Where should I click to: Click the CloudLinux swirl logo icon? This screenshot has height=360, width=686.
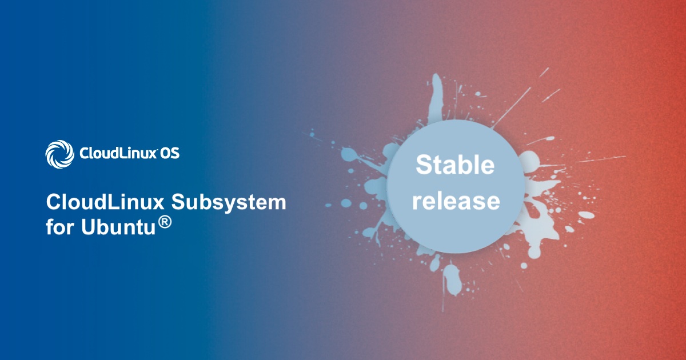tap(59, 154)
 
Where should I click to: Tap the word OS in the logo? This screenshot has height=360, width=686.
tap(170, 153)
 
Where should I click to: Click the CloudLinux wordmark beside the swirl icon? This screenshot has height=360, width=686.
tap(118, 153)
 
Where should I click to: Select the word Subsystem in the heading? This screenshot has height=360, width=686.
tap(229, 203)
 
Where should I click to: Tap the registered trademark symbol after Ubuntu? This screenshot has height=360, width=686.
tap(165, 222)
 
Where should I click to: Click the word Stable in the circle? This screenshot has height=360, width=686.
tap(455, 165)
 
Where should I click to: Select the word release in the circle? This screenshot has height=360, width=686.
tap(456, 201)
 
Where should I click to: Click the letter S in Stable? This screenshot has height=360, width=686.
tap(424, 165)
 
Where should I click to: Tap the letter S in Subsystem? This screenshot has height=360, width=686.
tap(179, 202)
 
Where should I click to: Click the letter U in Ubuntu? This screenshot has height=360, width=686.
tap(89, 227)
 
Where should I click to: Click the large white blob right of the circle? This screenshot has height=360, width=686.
tap(529, 161)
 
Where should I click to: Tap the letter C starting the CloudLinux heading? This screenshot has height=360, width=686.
tap(54, 202)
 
